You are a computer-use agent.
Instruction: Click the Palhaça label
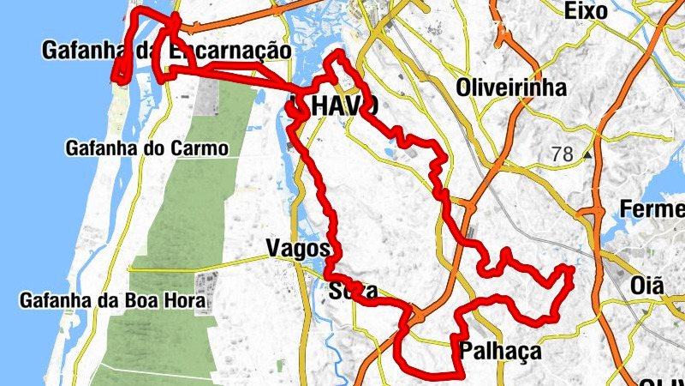coord(500,351)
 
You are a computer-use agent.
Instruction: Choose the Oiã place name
coord(646,285)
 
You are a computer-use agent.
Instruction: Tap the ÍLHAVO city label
coord(334,106)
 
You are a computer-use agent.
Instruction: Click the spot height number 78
coord(563,154)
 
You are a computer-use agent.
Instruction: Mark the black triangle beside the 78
coord(587,155)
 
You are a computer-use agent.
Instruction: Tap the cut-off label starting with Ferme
coord(652,209)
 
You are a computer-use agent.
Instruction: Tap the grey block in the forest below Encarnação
coord(207,100)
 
